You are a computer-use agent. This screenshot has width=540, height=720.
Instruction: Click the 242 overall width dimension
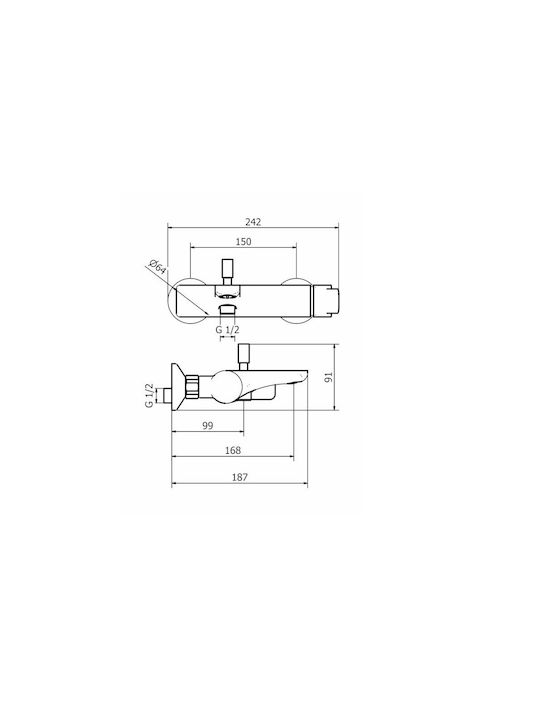point(253,222)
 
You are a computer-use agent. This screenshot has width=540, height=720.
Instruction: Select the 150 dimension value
point(243,242)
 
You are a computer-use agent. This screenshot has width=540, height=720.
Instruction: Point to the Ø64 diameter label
point(157,267)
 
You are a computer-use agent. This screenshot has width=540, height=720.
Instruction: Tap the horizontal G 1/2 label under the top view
point(228,330)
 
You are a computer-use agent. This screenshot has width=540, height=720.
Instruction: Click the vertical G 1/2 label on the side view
point(149,395)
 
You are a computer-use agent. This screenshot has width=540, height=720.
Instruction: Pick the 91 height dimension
point(328,377)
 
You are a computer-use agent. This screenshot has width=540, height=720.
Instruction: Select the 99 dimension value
point(208,426)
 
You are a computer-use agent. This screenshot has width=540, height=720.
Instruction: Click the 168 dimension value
point(233,450)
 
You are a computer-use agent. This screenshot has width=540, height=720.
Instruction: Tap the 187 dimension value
point(240,477)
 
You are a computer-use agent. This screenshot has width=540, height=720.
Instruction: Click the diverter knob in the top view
point(227,272)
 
